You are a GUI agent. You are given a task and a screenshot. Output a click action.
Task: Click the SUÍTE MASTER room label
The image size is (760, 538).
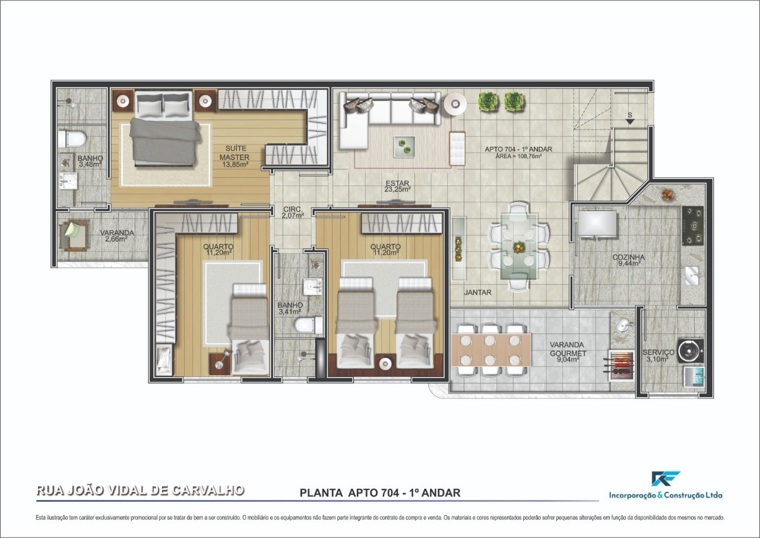coord(235,156)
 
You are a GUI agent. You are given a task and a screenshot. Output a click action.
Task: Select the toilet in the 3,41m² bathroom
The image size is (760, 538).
coord(309,325)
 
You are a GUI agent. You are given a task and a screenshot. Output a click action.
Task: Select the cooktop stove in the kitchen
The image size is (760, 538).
coord(692,226)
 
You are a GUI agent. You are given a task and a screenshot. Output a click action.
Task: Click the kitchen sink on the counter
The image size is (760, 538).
coord(692,275)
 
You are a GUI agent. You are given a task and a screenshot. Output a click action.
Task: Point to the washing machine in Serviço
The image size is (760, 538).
coord(691,351)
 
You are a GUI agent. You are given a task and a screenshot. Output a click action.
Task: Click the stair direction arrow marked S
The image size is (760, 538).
coord(630,120)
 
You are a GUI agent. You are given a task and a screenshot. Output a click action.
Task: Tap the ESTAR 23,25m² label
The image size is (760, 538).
coord(397,186)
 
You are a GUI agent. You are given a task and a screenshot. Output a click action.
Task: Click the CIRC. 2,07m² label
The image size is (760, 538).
coord(293,212)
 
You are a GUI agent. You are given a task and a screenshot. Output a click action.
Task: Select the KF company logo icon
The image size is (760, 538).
coord(665,479)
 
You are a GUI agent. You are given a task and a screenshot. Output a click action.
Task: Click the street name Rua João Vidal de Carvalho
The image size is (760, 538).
coord(140,490)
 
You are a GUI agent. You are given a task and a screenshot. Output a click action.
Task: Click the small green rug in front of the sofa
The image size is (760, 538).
coord(406,145)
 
